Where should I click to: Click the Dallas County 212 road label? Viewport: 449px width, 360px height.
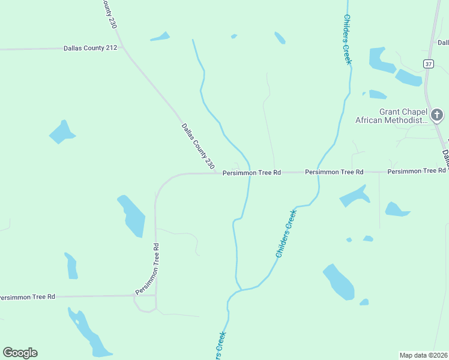[89, 48]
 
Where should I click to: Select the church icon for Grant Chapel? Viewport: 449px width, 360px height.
[438, 115]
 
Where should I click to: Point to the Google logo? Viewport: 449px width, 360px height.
[20, 352]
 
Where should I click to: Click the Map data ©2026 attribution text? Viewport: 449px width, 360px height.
[423, 355]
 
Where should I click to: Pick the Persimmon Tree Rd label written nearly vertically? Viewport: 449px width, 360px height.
[148, 269]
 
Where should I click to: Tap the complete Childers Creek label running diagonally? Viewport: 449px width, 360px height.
[286, 234]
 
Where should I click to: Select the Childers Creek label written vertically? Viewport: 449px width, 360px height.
[346, 39]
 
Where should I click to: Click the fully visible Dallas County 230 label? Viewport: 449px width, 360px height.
[197, 145]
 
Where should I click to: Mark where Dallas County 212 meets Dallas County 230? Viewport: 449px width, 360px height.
[122, 47]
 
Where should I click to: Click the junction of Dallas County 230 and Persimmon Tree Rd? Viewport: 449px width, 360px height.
[218, 173]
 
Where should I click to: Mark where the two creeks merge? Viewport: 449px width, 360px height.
[241, 290]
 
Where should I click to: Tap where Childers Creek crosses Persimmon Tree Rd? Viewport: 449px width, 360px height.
[318, 172]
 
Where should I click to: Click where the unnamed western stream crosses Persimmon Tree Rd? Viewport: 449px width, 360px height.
[249, 173]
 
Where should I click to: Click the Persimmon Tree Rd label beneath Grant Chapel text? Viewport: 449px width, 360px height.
[416, 172]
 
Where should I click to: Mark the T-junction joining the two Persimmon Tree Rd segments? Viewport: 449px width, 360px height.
[155, 295]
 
